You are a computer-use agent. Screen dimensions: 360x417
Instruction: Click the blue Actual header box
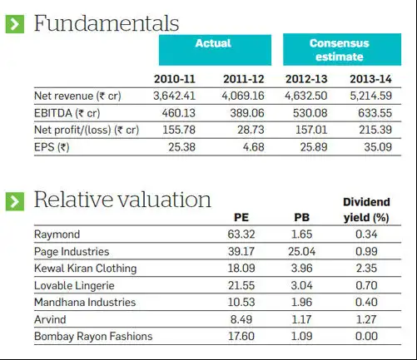tap(213, 50)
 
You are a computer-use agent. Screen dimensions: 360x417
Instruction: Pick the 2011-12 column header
tap(244, 79)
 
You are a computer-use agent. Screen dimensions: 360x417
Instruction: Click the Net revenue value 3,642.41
tap(174, 96)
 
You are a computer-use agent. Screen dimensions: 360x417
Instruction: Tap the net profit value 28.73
tap(249, 130)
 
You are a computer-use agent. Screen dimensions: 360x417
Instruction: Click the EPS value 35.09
tap(376, 147)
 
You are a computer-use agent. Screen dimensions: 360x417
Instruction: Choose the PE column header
tap(242, 218)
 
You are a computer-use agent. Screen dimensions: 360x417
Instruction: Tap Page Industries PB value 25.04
tap(302, 251)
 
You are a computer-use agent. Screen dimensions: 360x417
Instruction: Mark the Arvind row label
tap(47, 319)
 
